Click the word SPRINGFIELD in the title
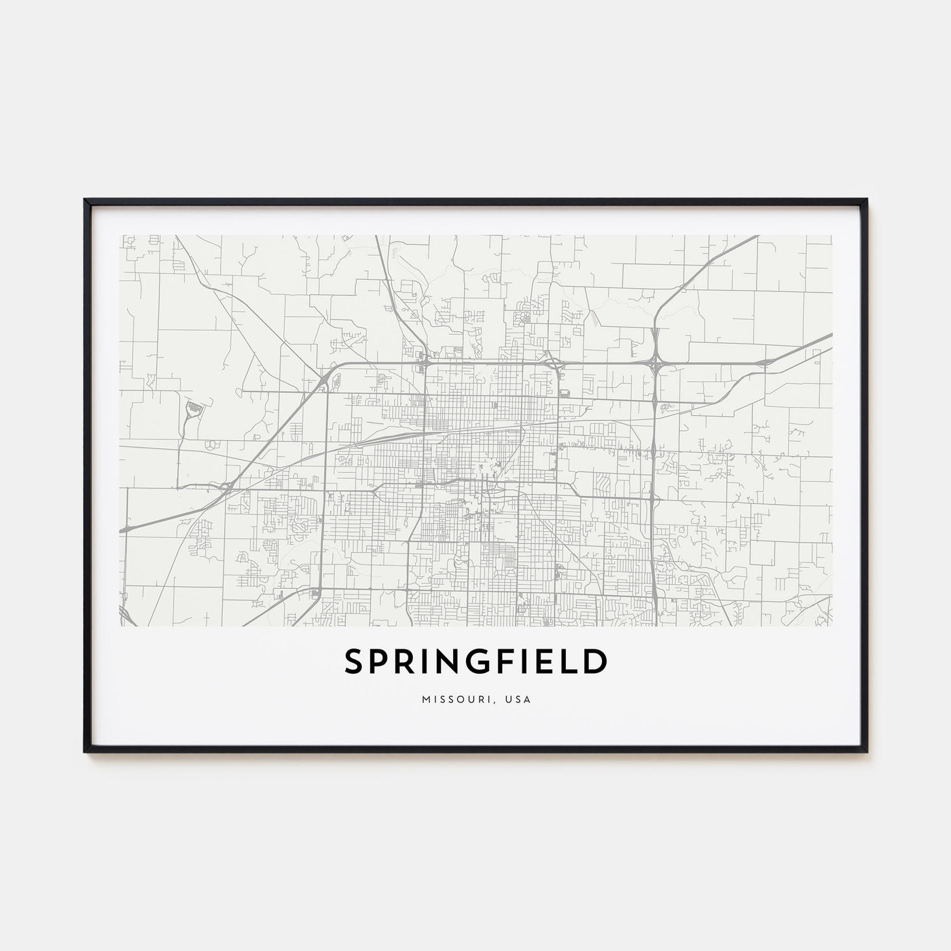475,662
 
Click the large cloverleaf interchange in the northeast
655,365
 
